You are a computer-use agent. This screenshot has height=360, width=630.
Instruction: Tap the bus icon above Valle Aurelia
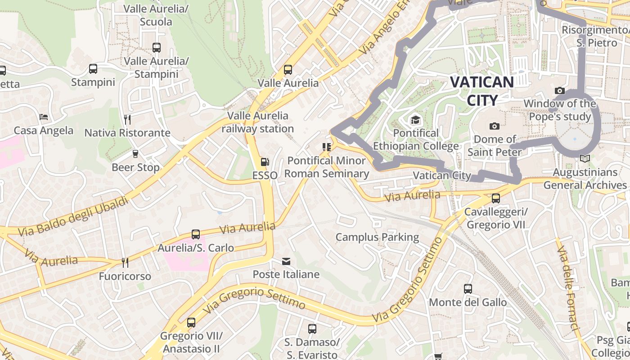point(288,70)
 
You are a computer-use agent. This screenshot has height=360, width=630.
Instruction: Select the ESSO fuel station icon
point(265,162)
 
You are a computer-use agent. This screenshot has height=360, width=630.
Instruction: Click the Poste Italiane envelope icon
point(286,261)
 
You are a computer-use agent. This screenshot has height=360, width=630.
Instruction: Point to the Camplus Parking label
point(377,237)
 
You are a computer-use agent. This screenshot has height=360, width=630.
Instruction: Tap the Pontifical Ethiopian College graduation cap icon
point(415,120)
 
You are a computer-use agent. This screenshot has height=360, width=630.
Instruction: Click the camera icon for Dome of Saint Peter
point(495,126)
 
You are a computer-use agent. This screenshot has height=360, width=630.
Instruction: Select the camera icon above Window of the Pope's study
point(560,90)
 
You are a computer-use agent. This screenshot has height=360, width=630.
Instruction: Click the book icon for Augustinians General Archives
point(585,159)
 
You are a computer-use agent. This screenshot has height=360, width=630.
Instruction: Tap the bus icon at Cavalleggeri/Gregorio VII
point(496,198)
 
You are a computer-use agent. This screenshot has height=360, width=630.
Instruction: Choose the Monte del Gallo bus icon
point(468,289)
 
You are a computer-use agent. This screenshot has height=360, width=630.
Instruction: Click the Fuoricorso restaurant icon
point(125,262)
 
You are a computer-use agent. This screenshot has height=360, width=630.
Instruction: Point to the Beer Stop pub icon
point(135,154)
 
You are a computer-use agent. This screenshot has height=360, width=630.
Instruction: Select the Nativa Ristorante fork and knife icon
point(127,119)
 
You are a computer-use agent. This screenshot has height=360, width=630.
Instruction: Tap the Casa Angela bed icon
point(44,117)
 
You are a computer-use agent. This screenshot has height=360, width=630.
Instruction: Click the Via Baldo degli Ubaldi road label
point(73,217)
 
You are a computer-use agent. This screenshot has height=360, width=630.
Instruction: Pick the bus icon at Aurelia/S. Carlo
point(196,234)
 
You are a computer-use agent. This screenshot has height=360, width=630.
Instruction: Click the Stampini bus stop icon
point(93,69)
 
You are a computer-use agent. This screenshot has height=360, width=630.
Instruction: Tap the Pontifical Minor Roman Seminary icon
point(327,147)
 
